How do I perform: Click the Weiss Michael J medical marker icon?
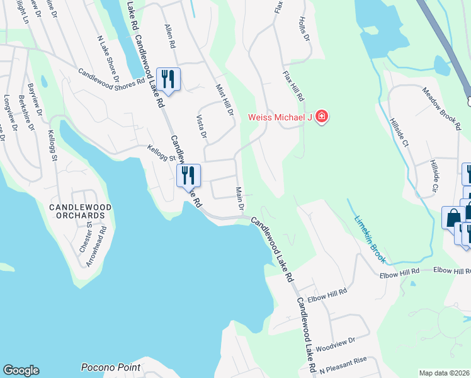(322, 117)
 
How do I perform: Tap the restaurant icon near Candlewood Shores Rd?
(168, 79)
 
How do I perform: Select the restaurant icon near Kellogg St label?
(188, 175)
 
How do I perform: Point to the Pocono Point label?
(110, 367)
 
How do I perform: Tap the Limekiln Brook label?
(368, 231)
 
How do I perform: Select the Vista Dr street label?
(201, 126)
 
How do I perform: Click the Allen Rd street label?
(169, 37)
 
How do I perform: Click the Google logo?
(21, 370)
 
